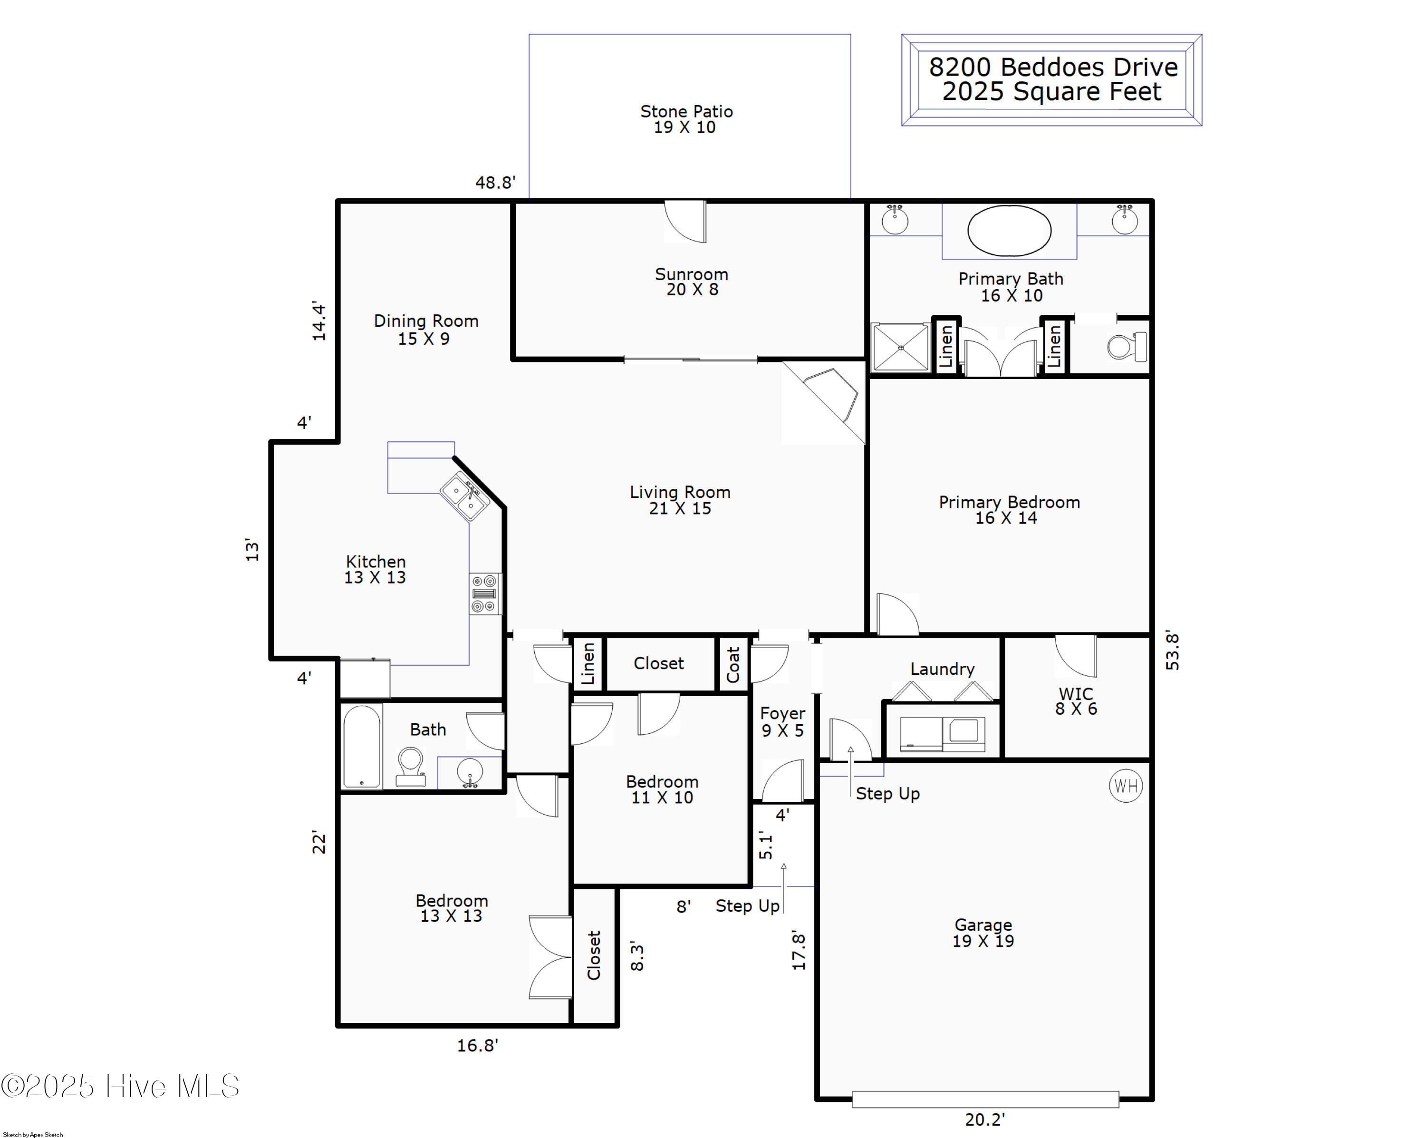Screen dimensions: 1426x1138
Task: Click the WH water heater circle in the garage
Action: point(1126,786)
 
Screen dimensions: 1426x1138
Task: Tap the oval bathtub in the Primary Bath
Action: point(1009,230)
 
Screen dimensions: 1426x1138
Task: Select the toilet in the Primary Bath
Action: point(1127,347)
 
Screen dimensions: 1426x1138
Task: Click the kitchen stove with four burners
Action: point(485,593)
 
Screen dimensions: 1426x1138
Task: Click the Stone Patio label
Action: point(686,119)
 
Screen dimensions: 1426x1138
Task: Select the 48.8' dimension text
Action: point(495,183)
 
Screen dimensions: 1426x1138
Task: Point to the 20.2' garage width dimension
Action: point(985,1119)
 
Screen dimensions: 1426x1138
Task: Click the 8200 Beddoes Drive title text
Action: point(1053,67)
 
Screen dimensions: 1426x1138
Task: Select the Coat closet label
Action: point(733,663)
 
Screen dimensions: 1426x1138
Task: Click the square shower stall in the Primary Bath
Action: point(900,347)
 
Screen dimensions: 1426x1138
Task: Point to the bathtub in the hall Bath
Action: point(362,746)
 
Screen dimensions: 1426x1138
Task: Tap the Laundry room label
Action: point(943,669)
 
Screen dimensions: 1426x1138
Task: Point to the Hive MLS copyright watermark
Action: point(120,1086)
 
